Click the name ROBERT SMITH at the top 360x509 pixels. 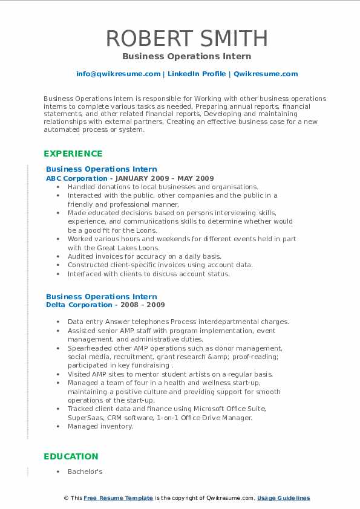(186, 38)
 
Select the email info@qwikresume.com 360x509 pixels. (118, 74)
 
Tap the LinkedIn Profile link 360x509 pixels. (195, 74)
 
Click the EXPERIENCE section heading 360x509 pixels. (73, 154)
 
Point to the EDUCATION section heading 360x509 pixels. (71, 456)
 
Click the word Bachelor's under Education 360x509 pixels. (85, 471)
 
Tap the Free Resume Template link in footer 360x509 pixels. (118, 498)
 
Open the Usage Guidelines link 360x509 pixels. (283, 498)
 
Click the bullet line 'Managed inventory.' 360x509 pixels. (100, 426)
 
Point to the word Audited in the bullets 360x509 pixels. (81, 256)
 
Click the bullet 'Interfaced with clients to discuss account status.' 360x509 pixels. (149, 274)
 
